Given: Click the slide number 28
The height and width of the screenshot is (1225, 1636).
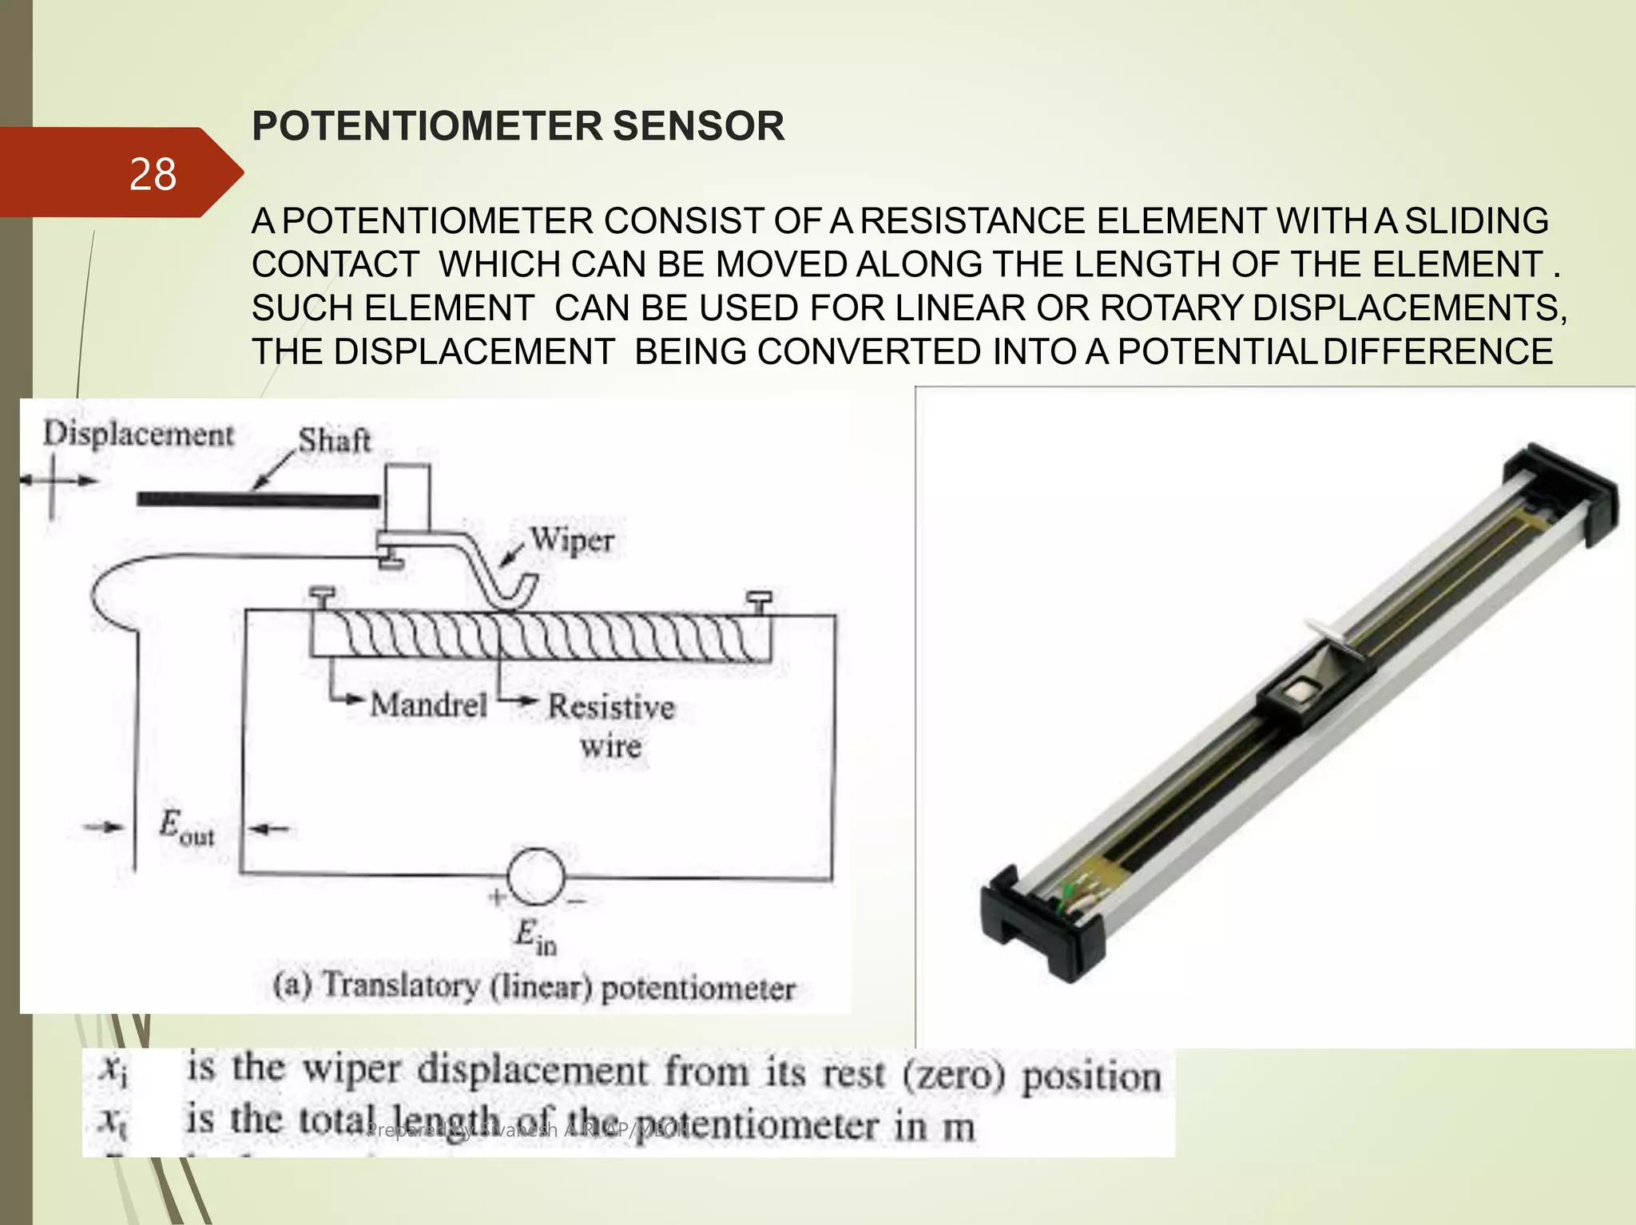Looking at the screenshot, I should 152,174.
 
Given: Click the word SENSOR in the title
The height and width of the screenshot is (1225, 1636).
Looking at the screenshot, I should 697,126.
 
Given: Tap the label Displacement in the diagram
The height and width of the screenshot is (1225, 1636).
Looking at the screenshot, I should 138,434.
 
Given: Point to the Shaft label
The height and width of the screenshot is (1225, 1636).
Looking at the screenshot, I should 334,440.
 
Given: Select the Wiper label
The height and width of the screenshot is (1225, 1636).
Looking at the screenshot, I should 572,540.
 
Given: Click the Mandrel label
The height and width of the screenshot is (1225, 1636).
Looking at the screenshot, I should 428,704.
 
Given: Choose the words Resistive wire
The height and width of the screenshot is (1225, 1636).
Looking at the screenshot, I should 611,725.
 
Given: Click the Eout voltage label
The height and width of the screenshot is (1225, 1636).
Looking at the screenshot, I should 186,827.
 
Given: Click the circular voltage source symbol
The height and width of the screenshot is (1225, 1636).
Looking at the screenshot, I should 535,876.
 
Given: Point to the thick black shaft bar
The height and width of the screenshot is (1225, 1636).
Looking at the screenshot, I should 257,501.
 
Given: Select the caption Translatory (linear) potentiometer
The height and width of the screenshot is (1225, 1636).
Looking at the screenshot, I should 534,987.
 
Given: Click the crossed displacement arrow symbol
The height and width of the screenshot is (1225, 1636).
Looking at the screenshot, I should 53,482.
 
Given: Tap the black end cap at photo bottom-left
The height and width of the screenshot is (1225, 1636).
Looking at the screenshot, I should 1038,926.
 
